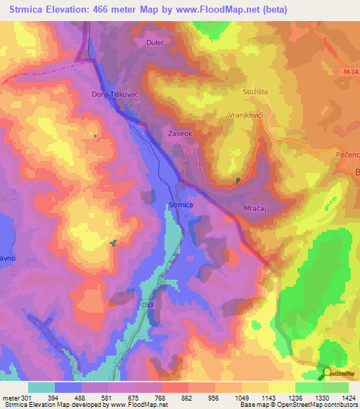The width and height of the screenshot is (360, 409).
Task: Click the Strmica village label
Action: [181, 204]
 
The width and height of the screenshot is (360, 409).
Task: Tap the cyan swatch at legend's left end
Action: [41, 387]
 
